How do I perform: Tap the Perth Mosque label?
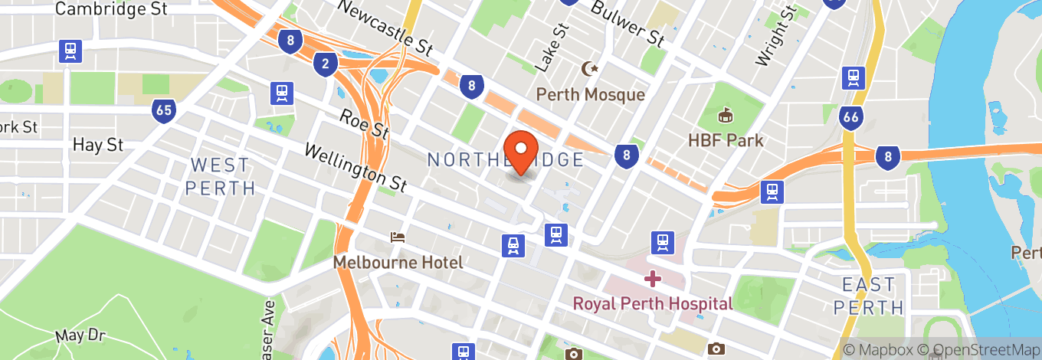(x=590, y=94)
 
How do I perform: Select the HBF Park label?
(x=725, y=140)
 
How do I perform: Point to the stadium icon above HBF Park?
(x=725, y=116)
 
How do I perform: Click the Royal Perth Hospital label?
(x=653, y=303)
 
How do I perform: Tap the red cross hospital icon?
(x=652, y=278)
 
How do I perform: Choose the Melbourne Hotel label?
(x=398, y=263)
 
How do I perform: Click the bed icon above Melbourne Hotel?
(x=397, y=237)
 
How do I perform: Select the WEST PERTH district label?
(x=221, y=176)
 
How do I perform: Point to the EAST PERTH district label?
(x=869, y=296)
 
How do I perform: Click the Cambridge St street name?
(x=112, y=9)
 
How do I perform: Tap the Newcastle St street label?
(x=384, y=28)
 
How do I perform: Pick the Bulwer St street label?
(x=628, y=22)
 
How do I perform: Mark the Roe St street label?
(x=365, y=123)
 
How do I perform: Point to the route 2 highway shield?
(x=326, y=64)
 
